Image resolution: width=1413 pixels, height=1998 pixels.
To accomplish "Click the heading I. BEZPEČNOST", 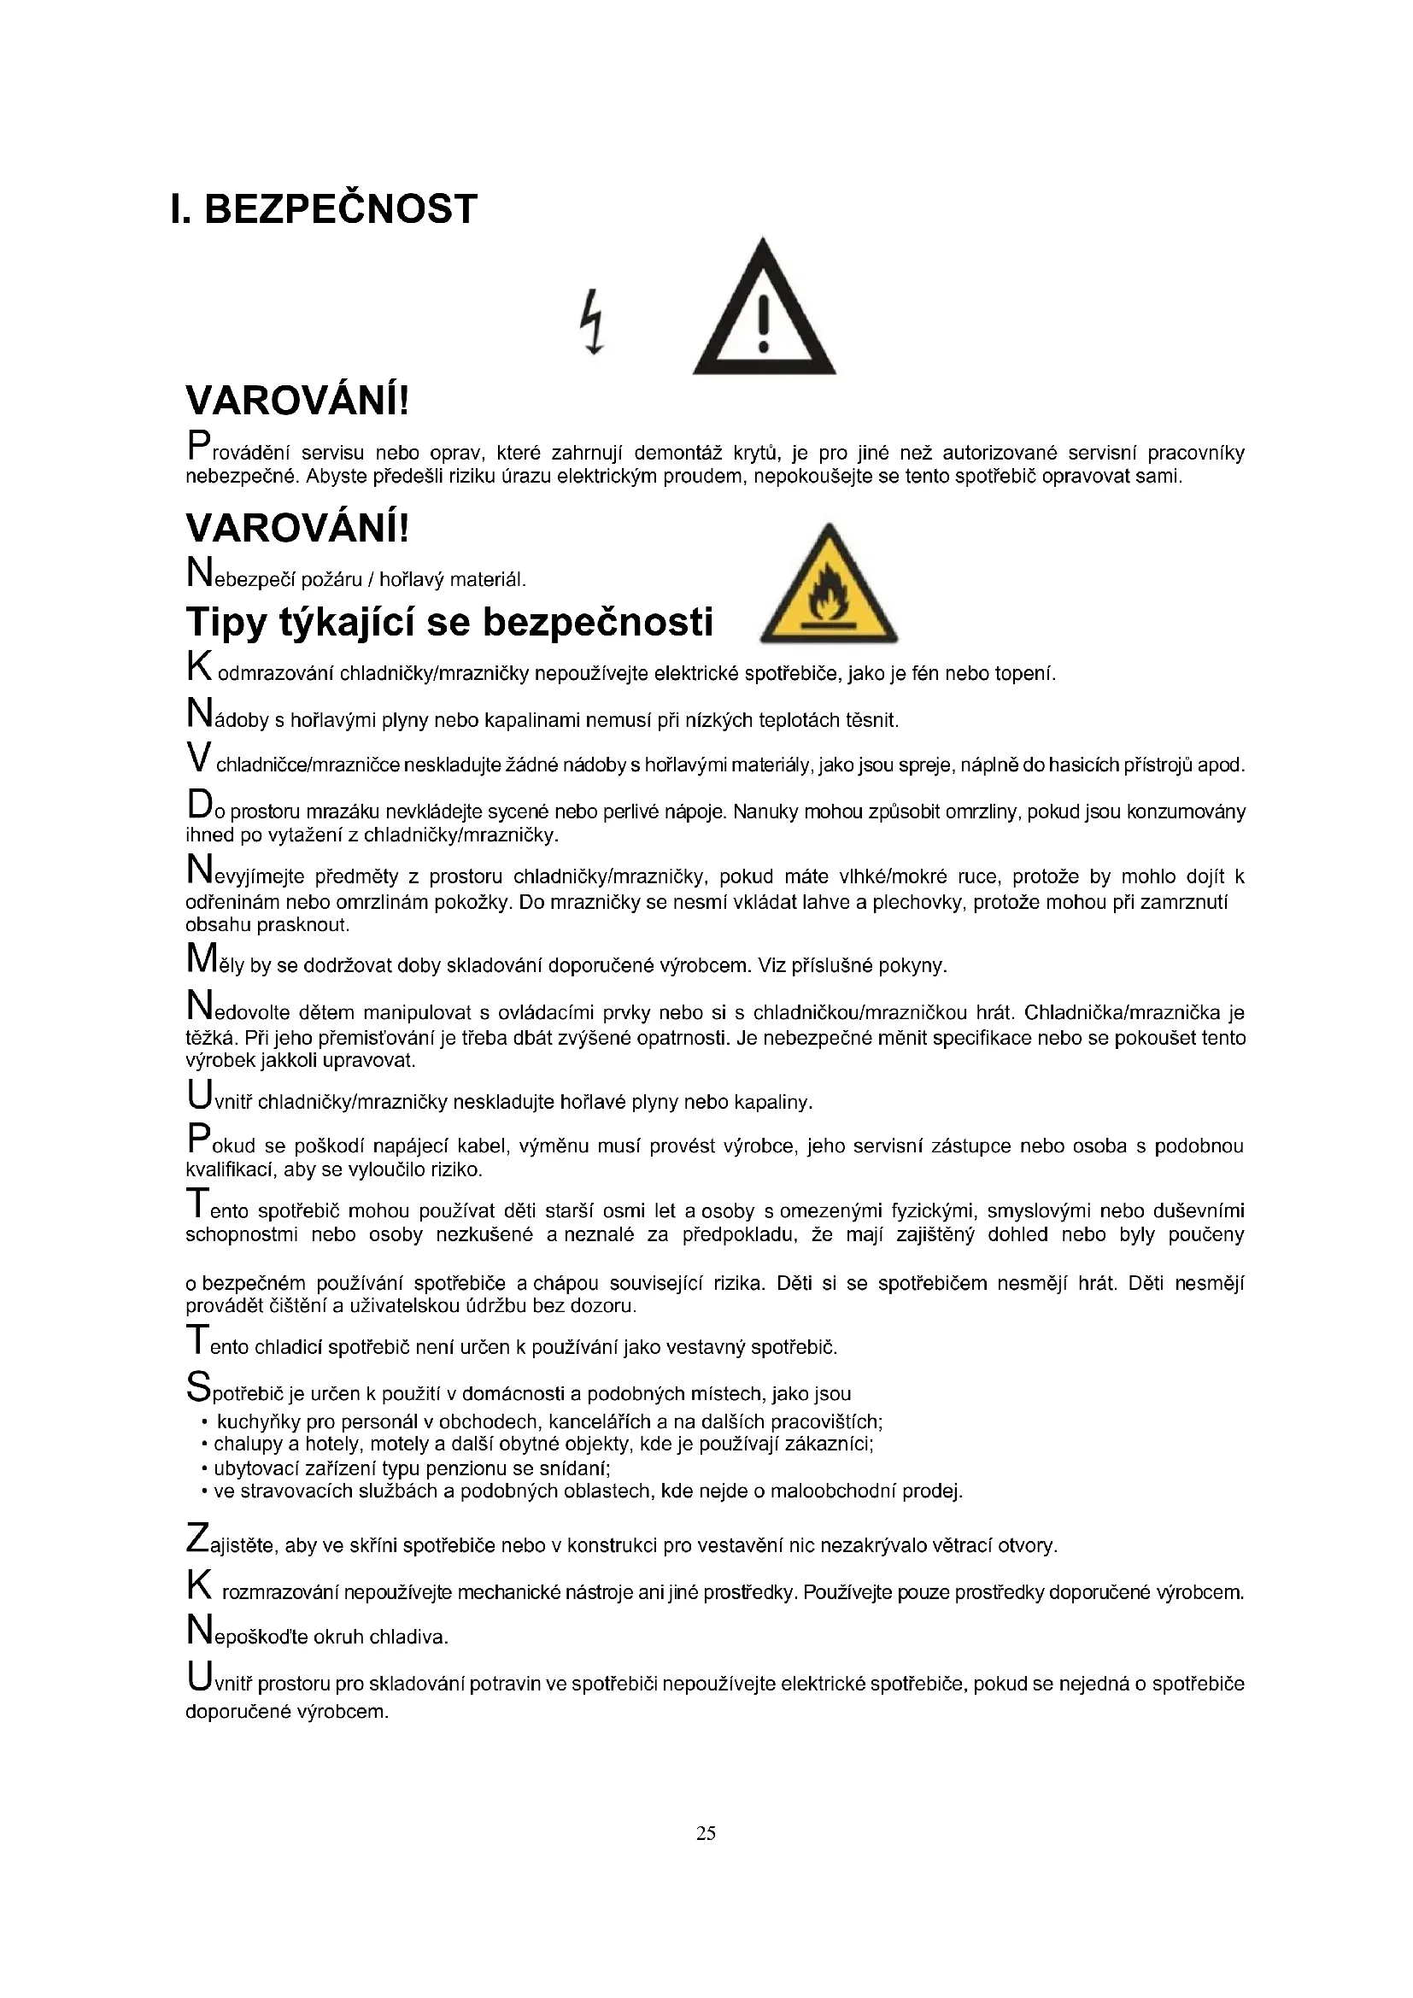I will [324, 210].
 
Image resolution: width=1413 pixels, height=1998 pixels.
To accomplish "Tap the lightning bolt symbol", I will [593, 321].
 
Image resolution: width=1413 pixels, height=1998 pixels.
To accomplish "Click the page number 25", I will [706, 1832].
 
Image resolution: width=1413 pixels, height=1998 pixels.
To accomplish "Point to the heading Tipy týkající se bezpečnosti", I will [449, 622].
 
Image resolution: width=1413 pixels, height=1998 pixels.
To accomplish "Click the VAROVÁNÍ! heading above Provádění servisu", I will [296, 401].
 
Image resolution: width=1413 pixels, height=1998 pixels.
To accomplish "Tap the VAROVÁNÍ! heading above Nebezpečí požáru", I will [296, 528].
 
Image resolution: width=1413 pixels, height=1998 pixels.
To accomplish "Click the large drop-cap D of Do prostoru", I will [199, 804].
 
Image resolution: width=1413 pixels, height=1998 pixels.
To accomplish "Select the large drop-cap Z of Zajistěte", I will [198, 1538].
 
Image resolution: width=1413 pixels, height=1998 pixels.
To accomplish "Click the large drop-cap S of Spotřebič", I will [198, 1386].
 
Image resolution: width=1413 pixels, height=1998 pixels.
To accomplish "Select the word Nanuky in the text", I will [762, 812].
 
